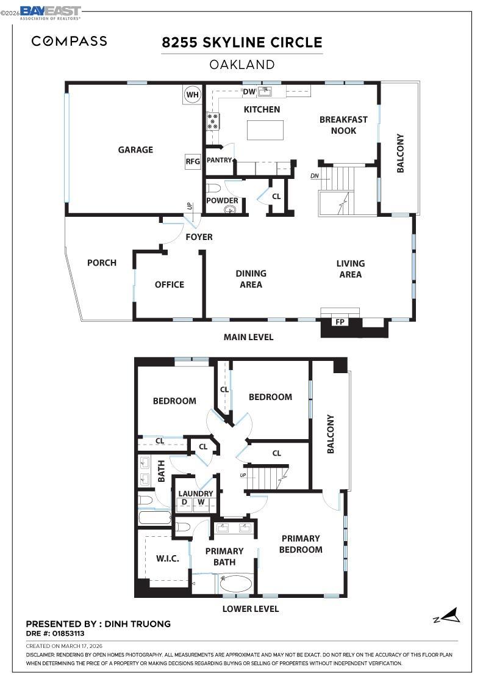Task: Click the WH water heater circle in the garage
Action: (193, 95)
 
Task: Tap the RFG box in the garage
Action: (193, 162)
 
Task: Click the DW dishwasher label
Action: (249, 92)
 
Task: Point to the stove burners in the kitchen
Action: (213, 120)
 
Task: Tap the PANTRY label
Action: (219, 160)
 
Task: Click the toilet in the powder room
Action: (214, 188)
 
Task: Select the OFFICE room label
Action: (169, 285)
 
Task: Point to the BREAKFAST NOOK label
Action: (343, 125)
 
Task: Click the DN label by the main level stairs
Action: (315, 176)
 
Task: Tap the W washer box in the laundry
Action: (199, 503)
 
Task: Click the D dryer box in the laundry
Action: (184, 503)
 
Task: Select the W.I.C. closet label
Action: (168, 559)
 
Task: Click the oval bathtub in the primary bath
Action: (235, 583)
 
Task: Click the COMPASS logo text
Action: (70, 42)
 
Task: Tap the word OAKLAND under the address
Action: (242, 64)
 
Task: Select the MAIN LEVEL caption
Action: (248, 337)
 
